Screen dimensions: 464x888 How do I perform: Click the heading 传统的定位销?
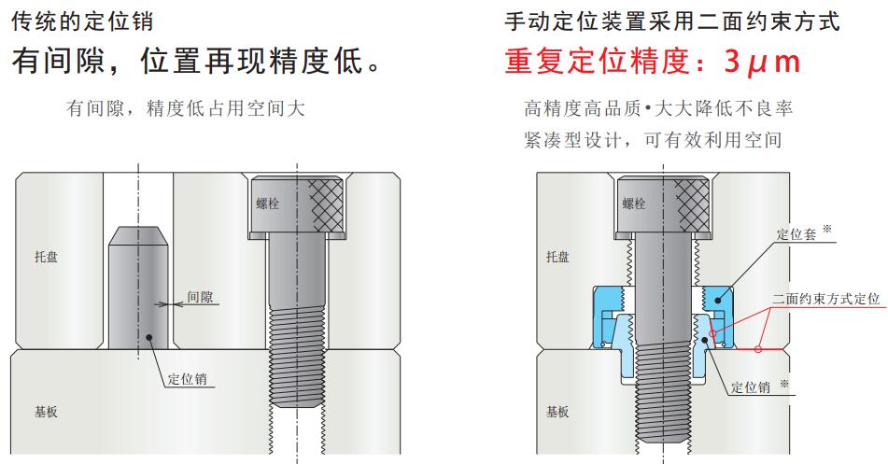[x=82, y=20]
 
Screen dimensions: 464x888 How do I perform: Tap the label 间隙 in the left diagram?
[x=201, y=298]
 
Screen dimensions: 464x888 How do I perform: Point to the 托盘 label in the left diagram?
[x=46, y=257]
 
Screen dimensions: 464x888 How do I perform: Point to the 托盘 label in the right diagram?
[x=557, y=257]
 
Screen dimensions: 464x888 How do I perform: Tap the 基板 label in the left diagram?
[x=46, y=412]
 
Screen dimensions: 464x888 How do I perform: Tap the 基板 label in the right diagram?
[x=557, y=412]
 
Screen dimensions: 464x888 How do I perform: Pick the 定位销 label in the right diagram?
[x=753, y=387]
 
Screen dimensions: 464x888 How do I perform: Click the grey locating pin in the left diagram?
[x=138, y=299]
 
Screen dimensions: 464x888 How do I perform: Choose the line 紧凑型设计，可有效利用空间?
[x=653, y=140]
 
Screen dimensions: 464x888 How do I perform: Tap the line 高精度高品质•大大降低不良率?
[x=659, y=108]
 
